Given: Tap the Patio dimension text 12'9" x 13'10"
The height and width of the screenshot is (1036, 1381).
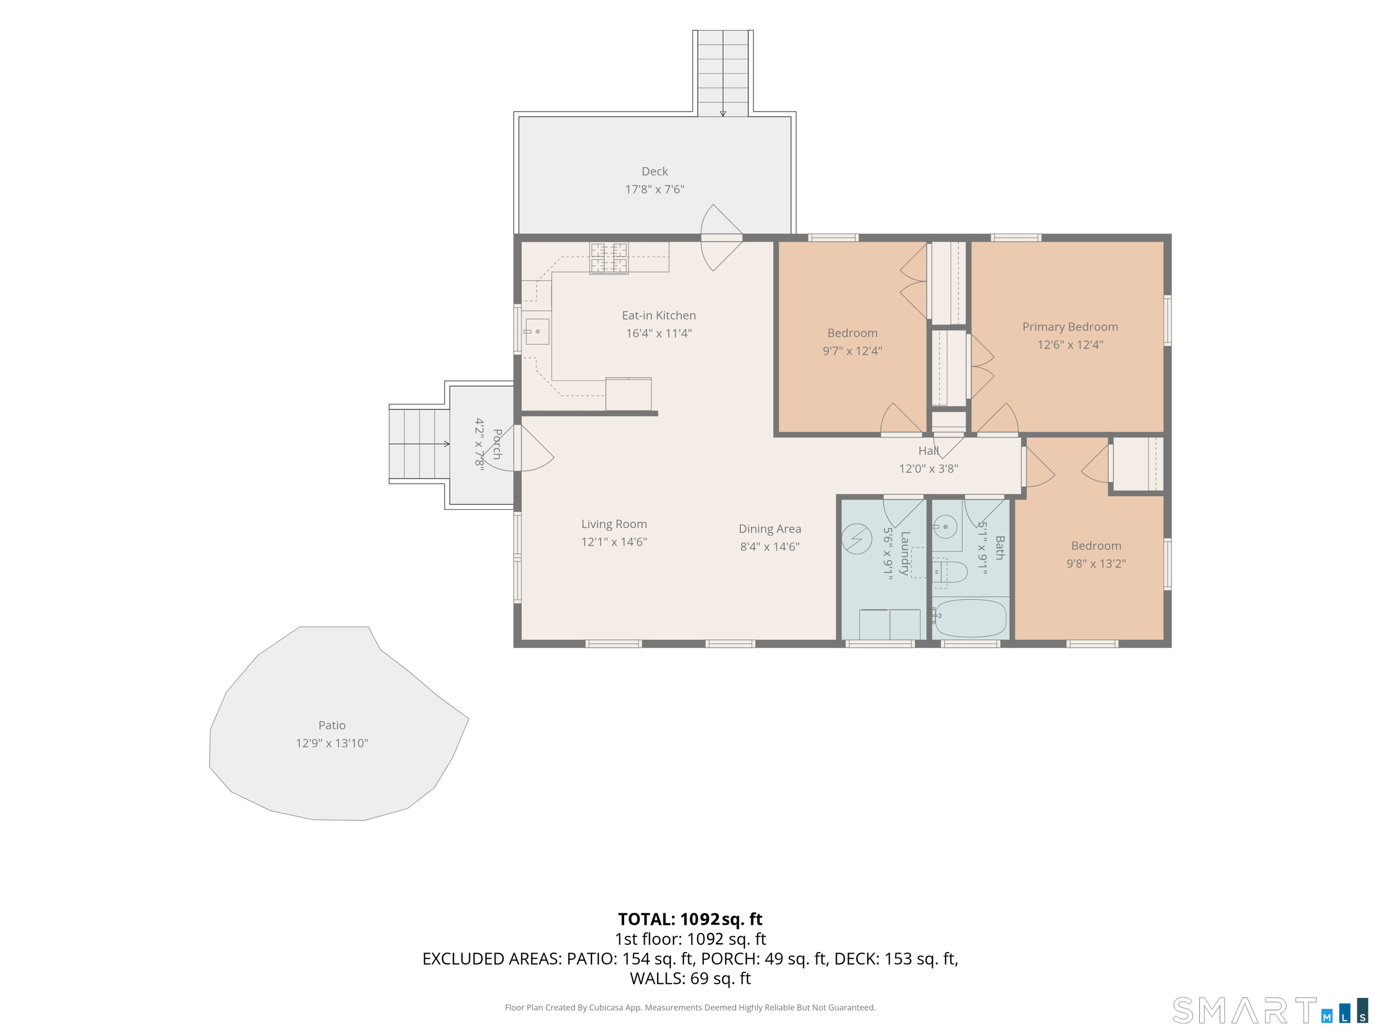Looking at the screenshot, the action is pos(332,743).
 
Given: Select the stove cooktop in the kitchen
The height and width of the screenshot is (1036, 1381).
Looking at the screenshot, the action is pos(609,258).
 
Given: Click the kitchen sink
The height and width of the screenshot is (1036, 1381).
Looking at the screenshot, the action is pos(537,332).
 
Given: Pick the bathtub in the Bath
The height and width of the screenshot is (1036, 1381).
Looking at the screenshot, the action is pos(969,618).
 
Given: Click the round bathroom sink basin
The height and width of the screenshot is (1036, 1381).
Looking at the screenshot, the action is pos(945,527).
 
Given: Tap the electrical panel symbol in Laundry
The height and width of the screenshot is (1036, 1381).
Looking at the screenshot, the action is pos(857,538).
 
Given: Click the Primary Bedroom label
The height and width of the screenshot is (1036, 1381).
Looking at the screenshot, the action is pos(1070,327).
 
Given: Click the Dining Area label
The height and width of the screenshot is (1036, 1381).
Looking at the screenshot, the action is pos(770,529).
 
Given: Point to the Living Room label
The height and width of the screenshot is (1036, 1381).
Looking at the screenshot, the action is pos(614,524).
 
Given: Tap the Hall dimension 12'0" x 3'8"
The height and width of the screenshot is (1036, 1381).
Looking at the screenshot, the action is pos(929,469).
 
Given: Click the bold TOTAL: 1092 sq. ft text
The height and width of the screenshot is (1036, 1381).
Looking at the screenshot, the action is pos(690,919).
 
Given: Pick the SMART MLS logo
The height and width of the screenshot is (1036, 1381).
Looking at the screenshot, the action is pos(1270,1011).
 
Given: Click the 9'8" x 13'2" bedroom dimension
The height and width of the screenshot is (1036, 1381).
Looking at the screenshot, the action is pos(1095,563).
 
